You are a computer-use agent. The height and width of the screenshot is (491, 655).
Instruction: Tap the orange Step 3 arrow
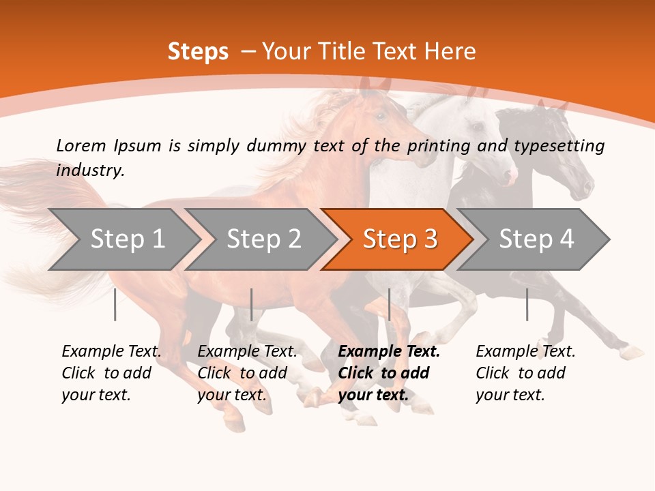[397, 239]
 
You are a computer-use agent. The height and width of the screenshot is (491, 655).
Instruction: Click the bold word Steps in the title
[198, 52]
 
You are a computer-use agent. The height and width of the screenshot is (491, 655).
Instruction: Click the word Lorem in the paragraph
[82, 145]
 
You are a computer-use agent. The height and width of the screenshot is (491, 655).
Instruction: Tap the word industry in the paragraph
[89, 170]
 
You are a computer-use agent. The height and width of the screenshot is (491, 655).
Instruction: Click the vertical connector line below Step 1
[115, 304]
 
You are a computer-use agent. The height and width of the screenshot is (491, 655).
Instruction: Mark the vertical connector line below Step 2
[252, 304]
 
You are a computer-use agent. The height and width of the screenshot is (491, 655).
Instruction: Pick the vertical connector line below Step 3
[389, 304]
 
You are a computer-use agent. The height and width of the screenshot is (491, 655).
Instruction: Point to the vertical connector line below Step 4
[527, 304]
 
